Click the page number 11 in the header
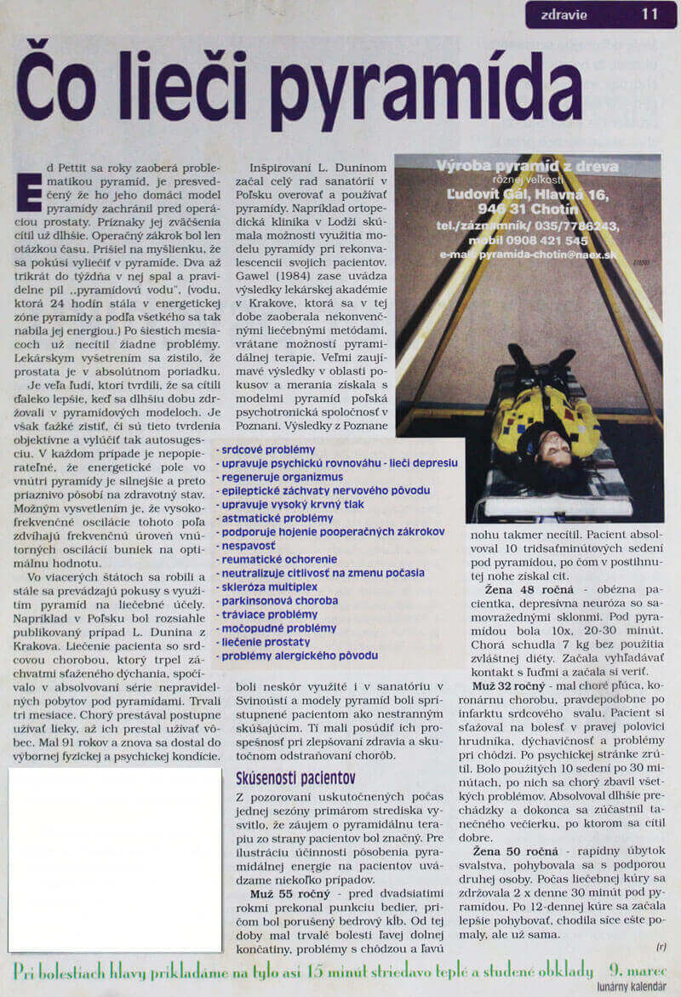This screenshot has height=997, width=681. click(651, 14)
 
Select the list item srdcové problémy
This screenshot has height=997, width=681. click(267, 450)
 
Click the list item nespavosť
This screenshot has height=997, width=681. click(248, 545)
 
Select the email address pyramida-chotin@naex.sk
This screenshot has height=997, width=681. click(528, 254)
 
